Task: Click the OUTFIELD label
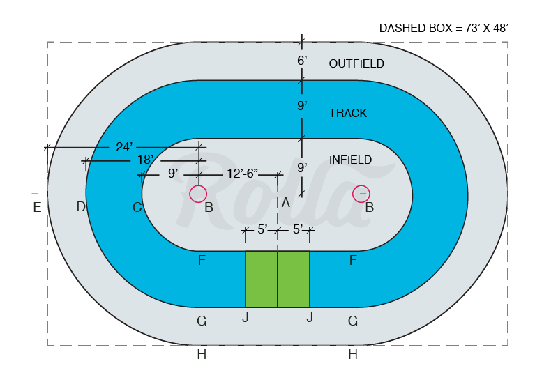click(356, 63)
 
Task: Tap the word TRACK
click(347, 113)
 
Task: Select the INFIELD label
click(350, 160)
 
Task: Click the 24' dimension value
click(124, 147)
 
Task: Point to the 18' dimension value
click(145, 160)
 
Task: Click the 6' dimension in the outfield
click(302, 61)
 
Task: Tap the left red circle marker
click(198, 194)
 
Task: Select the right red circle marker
click(361, 194)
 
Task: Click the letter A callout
click(285, 203)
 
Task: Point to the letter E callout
click(37, 207)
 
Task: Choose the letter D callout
click(81, 207)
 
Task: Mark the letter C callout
click(137, 207)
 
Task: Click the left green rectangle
click(262, 279)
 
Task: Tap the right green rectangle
click(294, 279)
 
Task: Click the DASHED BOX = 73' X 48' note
click(444, 28)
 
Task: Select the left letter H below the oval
click(202, 355)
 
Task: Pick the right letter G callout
click(353, 321)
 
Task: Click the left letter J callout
click(246, 319)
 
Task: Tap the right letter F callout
click(353, 261)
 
